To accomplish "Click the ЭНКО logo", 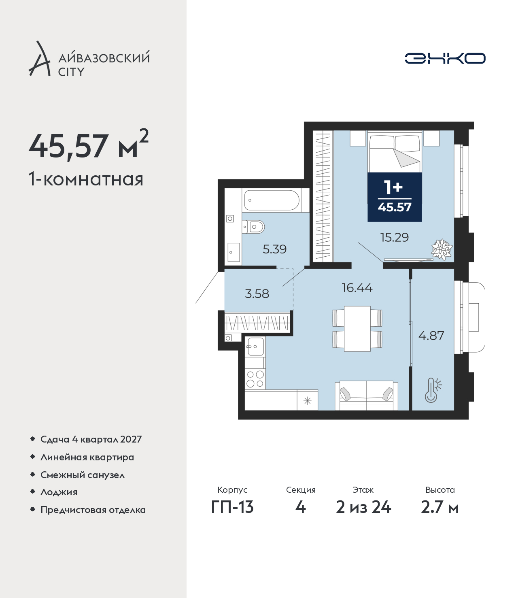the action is [x=445, y=58].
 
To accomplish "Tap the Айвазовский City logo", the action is [x=89, y=59].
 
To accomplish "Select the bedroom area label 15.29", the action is [x=394, y=237].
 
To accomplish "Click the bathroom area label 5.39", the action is [x=274, y=249].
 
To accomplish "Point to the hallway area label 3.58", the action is [x=257, y=294].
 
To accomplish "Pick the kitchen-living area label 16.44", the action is [x=357, y=287].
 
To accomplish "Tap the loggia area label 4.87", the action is [x=431, y=336].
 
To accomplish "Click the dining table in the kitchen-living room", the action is [x=357, y=329].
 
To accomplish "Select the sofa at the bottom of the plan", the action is [x=367, y=396].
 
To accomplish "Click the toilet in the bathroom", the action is [x=253, y=227].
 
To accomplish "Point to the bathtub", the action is [x=272, y=200].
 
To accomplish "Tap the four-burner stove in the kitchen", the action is [x=255, y=379].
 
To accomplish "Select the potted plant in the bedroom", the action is [x=442, y=249].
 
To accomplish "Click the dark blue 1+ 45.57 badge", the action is [x=395, y=197].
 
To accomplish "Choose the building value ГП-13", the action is [x=232, y=507].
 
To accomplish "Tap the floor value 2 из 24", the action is [x=363, y=507].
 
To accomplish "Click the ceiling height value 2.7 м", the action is [x=439, y=507].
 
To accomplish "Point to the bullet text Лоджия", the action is [x=59, y=492].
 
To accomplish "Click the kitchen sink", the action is [x=255, y=347].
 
